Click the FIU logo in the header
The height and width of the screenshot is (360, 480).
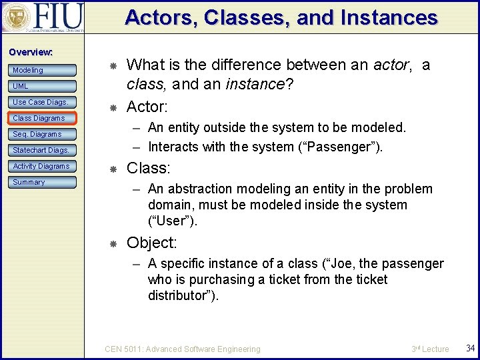[43, 18]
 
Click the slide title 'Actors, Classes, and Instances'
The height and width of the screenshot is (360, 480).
[281, 17]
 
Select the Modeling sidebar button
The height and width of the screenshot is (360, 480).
[43, 70]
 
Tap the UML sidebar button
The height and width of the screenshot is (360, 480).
[43, 86]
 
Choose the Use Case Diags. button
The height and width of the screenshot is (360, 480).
[43, 102]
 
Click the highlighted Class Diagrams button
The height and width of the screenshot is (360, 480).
[43, 118]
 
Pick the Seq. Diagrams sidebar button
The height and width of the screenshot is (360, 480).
[43, 134]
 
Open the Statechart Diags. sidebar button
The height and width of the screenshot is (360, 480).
[43, 150]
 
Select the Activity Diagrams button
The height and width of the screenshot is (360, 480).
[43, 166]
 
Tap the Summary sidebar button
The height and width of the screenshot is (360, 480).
[43, 182]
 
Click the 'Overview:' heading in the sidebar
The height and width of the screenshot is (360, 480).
[30, 52]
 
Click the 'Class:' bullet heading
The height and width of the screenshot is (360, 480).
[149, 167]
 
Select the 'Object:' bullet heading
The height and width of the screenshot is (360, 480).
[151, 242]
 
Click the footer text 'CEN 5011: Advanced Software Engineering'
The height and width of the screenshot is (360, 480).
[183, 349]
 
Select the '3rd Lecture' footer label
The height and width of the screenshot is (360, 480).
[430, 349]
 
